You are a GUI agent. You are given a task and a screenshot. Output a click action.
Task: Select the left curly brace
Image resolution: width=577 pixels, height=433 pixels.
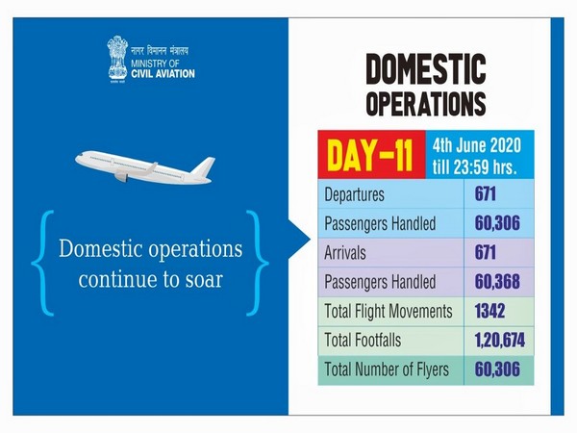pyautogui.click(x=39, y=262)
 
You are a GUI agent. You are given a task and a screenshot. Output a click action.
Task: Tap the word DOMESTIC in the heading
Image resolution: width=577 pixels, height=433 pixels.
pyautogui.click(x=424, y=71)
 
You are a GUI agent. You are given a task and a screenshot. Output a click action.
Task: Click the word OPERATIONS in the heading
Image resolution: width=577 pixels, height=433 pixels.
pyautogui.click(x=424, y=102)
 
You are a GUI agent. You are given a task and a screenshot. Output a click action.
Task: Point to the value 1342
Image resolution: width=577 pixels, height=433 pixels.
pyautogui.click(x=489, y=311)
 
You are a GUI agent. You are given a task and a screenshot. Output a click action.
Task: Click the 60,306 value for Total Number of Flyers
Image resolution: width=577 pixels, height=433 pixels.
pyautogui.click(x=500, y=369)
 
